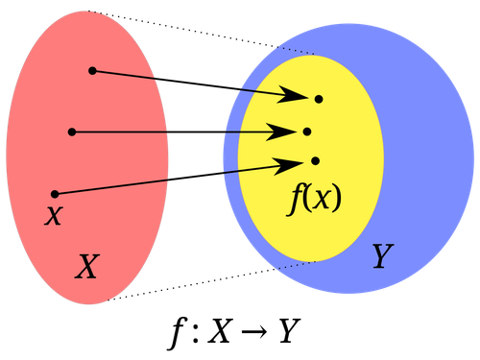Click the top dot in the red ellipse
(92, 70)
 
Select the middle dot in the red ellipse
(71, 132)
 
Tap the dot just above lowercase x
(55, 194)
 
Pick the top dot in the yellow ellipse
(319, 99)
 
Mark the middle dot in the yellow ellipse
(307, 132)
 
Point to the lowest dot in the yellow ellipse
(315, 160)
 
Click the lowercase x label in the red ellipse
(54, 215)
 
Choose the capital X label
(86, 267)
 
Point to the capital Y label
(382, 255)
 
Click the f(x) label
(316, 198)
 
